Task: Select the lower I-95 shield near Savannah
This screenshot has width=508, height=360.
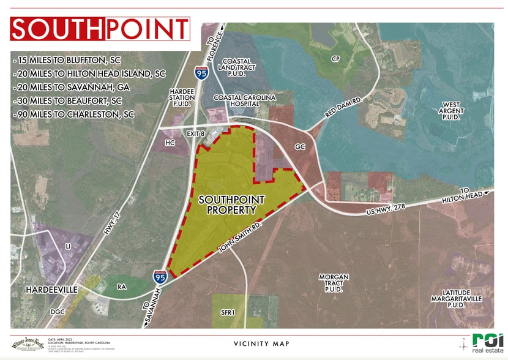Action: coord(160,277)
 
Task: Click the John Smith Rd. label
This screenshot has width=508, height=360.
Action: coord(236,241)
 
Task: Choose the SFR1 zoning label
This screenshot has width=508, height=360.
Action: coord(228,312)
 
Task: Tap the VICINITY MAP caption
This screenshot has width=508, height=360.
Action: coord(261,344)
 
